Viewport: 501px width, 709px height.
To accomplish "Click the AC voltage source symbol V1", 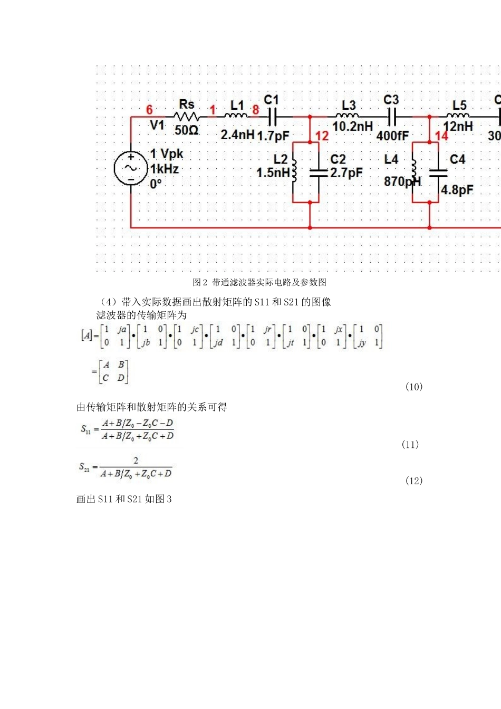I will coord(130,168).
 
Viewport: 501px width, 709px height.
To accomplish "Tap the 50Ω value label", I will coord(186,130).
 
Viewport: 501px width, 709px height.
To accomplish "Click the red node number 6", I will coord(149,110).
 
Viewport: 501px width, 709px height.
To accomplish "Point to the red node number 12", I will coord(322,136).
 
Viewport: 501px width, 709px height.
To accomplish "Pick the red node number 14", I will coord(441,136).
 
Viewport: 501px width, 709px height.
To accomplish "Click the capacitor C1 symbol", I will coord(272,117).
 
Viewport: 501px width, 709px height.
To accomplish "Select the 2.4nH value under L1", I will coord(237,135).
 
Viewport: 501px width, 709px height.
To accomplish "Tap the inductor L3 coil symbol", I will coord(347,116).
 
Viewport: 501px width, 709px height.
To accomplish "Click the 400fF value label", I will coord(392,136).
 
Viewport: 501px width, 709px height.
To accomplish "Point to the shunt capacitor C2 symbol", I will coord(319,172).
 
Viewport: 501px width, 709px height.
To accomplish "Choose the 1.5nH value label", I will coord(273,173).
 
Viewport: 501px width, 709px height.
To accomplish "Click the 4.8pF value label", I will coord(457,190).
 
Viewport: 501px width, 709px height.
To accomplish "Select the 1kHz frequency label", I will coord(165,169).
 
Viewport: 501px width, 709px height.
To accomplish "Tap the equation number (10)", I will coord(414,387).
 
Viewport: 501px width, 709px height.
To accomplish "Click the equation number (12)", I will coord(414,481).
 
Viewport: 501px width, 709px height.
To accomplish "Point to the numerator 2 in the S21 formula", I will coord(136,461).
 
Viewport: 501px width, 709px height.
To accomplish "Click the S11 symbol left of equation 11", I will coord(86,429).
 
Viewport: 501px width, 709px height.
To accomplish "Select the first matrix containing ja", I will coord(115,336).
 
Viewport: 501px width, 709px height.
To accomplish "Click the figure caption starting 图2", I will coord(259,282).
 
